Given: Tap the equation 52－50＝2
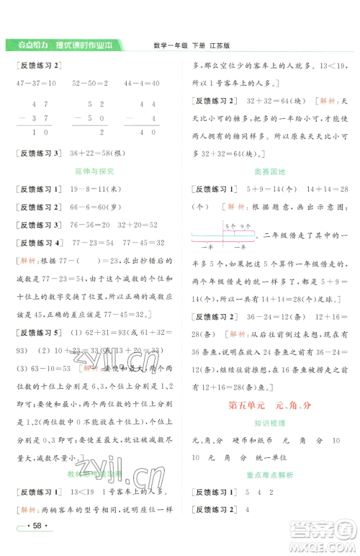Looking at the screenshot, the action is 90,84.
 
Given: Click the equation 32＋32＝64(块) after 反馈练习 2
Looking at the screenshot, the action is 270,101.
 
